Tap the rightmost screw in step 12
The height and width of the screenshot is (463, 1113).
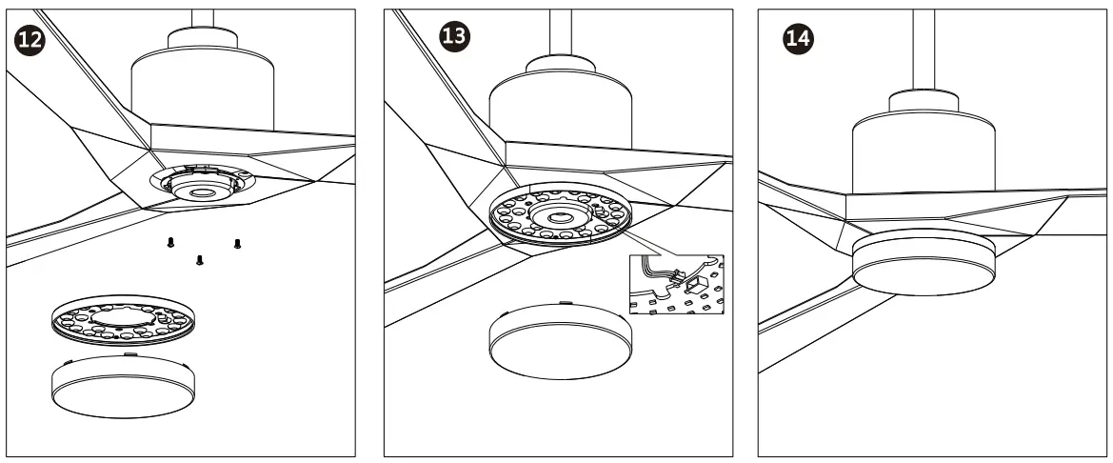point(237,244)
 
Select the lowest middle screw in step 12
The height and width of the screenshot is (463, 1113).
point(199,260)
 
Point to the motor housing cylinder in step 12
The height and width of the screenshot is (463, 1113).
point(201,86)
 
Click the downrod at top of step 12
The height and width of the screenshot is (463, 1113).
point(203,21)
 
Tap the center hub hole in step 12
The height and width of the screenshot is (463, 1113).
point(201,192)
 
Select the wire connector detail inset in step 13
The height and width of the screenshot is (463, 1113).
point(678,285)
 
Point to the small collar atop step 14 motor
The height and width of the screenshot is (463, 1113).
point(923,103)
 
